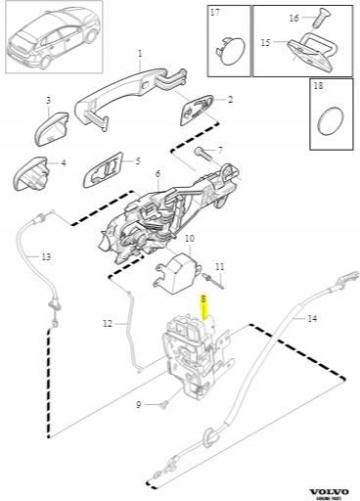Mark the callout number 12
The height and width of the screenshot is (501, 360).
[x=108, y=323]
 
